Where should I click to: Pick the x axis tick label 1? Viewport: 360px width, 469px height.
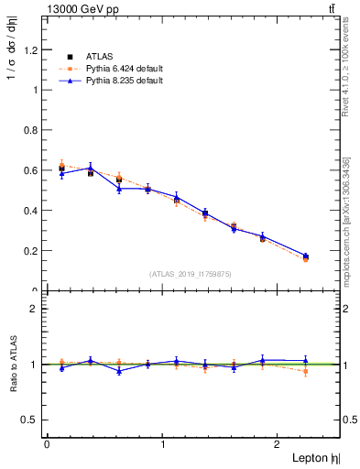tap(163, 443)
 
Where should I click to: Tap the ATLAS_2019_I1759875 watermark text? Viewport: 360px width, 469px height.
tap(191, 274)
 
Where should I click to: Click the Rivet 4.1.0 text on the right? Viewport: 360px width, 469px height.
tap(353, 64)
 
